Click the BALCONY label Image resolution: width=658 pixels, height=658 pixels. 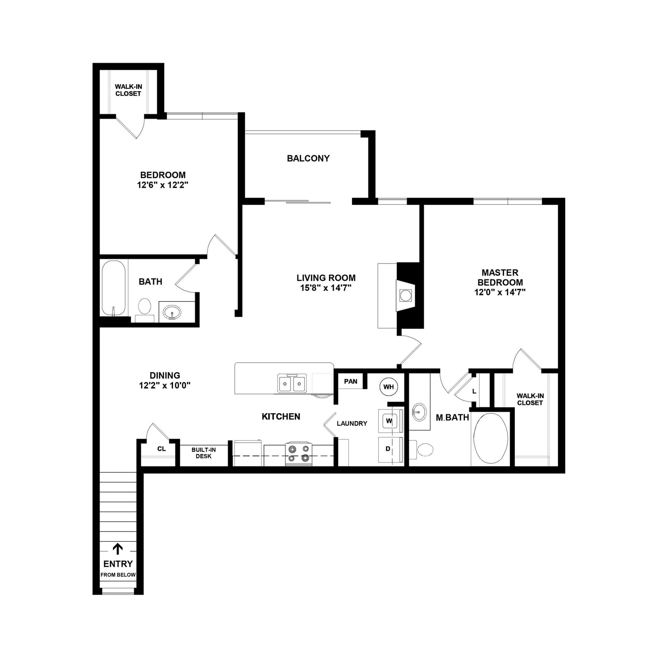click(308, 158)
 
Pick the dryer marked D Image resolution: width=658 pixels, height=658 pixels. click(388, 449)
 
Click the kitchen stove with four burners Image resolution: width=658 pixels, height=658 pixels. click(298, 454)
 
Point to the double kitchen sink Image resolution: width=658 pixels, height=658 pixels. click(292, 384)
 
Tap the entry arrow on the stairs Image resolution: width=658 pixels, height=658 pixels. click(118, 549)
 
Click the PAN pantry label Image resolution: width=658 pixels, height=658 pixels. click(351, 381)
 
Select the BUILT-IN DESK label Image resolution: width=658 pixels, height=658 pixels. click(203, 453)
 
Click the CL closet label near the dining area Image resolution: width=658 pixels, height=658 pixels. click(161, 449)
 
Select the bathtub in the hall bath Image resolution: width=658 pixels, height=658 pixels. click(113, 289)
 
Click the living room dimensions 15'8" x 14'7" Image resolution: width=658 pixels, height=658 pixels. click(325, 288)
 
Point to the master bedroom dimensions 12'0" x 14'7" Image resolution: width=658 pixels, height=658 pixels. click(500, 292)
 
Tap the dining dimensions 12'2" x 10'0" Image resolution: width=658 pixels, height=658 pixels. click(164, 386)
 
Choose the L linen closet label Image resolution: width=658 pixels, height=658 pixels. click(474, 392)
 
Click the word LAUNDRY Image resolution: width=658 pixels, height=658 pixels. click(352, 423)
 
